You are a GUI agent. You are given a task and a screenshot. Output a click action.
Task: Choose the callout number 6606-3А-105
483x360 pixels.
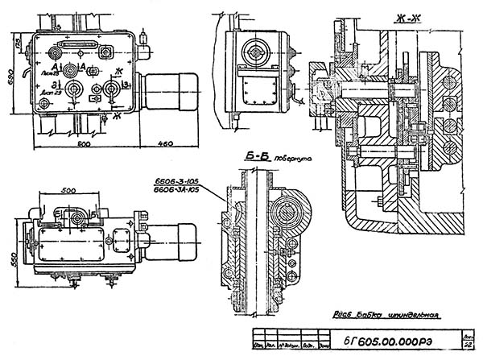176,190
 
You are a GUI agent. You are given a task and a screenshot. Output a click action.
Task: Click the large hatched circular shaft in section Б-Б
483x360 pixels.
288,213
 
